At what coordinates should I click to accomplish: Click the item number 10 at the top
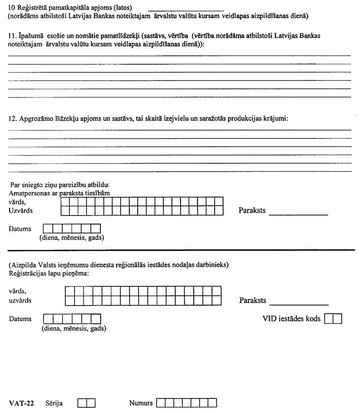click(12, 8)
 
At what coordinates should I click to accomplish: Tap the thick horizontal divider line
click(180, 250)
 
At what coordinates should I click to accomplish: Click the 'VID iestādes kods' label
click(292, 318)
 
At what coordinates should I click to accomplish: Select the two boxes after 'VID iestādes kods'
click(333, 318)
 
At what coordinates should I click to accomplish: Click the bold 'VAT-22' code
click(21, 403)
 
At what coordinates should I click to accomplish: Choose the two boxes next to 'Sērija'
click(86, 403)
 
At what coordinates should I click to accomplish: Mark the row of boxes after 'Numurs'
click(187, 403)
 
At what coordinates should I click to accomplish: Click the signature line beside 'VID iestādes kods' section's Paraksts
click(300, 304)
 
